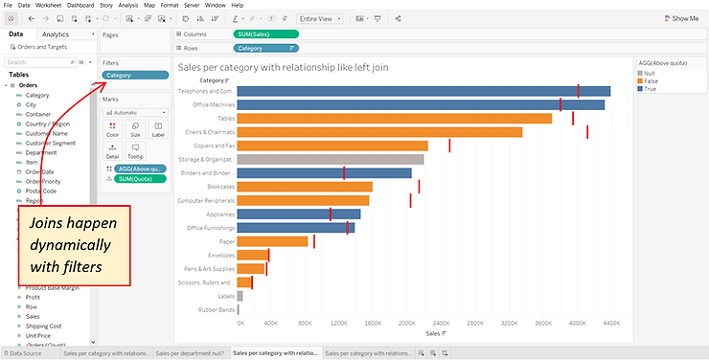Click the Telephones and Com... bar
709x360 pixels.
(x=422, y=92)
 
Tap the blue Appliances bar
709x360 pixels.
(x=298, y=214)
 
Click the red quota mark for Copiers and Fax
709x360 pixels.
(x=449, y=146)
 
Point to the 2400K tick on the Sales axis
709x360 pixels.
(x=441, y=324)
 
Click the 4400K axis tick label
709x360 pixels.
(x=610, y=324)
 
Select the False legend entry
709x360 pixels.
(x=651, y=81)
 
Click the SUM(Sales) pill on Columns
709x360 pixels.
(x=265, y=34)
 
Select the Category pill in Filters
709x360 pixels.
(x=134, y=75)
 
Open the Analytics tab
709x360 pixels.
(x=56, y=34)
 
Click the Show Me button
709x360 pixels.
(x=680, y=18)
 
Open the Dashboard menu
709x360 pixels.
(x=80, y=5)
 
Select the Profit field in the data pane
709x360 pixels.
(x=33, y=297)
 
